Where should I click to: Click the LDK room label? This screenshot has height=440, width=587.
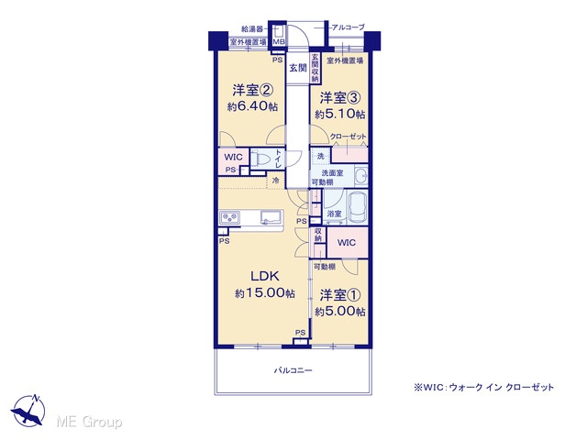[265, 276]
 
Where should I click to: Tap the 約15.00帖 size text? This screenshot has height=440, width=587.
[265, 293]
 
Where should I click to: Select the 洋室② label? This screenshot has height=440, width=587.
[253, 90]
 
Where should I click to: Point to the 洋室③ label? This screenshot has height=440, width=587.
[340, 98]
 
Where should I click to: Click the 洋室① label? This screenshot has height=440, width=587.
[340, 295]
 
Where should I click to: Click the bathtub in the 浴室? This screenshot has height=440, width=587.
[358, 207]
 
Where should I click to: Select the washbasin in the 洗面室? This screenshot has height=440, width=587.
[360, 175]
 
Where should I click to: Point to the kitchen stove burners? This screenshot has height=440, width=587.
[229, 217]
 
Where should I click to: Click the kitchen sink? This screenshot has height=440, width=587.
[271, 217]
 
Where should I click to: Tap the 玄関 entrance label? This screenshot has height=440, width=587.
[298, 68]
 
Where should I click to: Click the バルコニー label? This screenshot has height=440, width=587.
[293, 370]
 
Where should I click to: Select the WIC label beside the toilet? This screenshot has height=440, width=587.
[233, 157]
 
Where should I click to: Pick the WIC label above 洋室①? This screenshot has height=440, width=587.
[347, 242]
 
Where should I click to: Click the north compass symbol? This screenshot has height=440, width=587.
[28, 410]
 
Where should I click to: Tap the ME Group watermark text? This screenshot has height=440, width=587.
[89, 422]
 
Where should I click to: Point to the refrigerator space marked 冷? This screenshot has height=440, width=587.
[275, 181]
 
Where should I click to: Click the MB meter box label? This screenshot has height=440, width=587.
[278, 42]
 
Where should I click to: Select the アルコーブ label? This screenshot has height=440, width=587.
[349, 27]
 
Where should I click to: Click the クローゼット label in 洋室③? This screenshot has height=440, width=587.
[349, 137]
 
